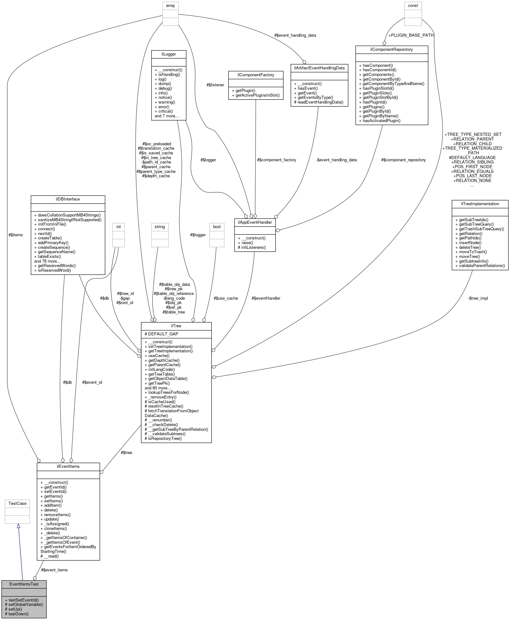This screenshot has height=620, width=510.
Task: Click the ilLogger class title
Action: point(169,54)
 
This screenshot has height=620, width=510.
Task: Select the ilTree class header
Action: point(176,326)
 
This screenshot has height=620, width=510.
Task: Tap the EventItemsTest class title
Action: point(24,584)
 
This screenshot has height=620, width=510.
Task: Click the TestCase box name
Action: point(17,503)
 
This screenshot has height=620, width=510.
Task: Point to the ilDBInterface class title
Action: point(68,199)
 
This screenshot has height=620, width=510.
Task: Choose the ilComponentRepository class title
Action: point(392,50)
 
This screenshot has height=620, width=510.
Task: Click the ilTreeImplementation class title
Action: point(480,204)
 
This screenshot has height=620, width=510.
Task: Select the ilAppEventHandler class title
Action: point(255,222)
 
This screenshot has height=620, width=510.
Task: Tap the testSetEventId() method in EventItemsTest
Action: point(24,600)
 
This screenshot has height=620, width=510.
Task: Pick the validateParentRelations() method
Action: point(480,265)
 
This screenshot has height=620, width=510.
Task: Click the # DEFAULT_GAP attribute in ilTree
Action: point(161,334)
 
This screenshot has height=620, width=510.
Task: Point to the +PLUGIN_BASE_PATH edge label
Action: point(411,35)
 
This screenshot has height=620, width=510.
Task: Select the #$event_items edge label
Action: point(54,570)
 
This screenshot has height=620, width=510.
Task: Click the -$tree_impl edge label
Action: point(478,298)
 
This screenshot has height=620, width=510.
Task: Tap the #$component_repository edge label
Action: point(403,160)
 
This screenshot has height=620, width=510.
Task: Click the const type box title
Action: point(413,6)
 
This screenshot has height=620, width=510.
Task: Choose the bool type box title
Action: point(217,227)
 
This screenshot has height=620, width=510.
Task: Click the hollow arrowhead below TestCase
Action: point(19,526)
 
